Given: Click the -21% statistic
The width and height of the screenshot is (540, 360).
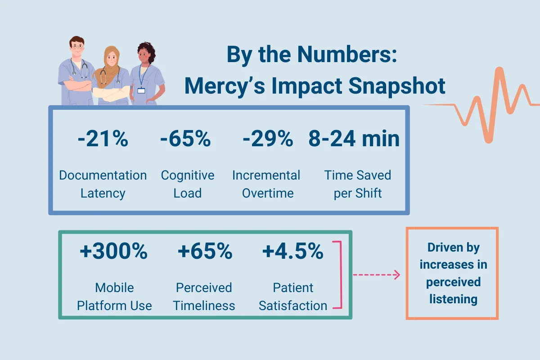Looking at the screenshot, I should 103,139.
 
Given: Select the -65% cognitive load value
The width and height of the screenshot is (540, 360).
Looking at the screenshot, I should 185,139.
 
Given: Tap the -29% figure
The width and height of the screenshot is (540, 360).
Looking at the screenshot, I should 267,139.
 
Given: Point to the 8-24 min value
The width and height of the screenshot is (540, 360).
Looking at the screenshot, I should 354,139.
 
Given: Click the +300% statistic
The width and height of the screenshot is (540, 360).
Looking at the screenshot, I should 113,252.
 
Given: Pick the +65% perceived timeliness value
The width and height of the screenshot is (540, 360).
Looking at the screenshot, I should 205,252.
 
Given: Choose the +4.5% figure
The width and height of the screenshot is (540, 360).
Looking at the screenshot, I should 292,252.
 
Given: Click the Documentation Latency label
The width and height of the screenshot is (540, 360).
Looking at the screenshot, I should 103,184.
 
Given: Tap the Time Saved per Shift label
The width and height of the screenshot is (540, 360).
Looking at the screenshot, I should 358,184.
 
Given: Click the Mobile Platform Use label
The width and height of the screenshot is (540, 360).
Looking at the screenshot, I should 114,297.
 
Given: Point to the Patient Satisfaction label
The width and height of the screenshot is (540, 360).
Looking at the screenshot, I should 293,297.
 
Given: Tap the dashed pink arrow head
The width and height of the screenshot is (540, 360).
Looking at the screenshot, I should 397,275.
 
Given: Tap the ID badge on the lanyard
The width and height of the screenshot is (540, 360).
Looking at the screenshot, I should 141,90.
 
